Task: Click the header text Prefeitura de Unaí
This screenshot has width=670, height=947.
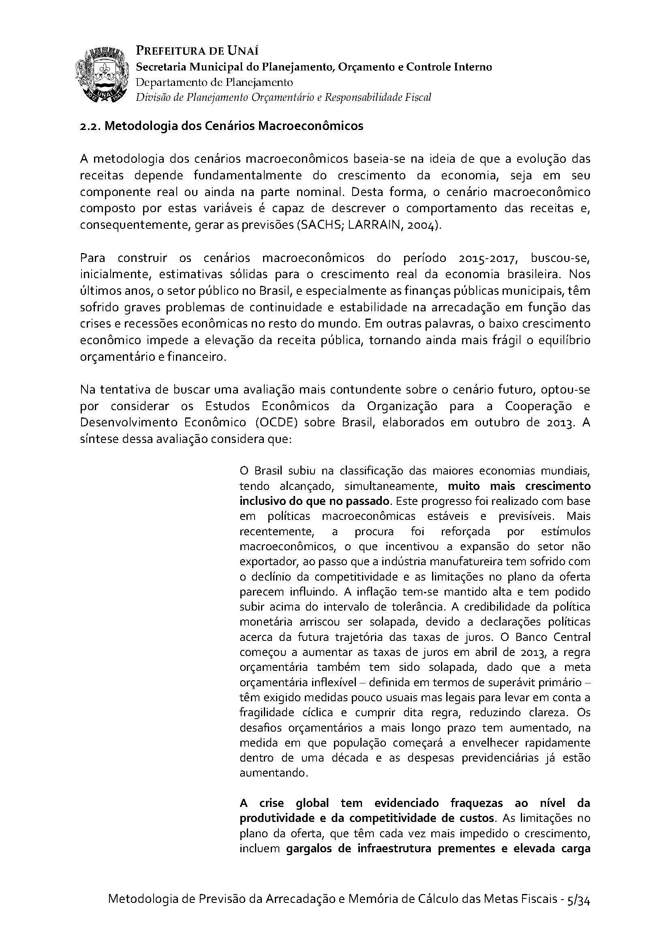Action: pos(197,51)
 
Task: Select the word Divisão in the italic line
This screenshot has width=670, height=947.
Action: pos(151,97)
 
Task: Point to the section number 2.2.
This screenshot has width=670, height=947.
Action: pos(90,126)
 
